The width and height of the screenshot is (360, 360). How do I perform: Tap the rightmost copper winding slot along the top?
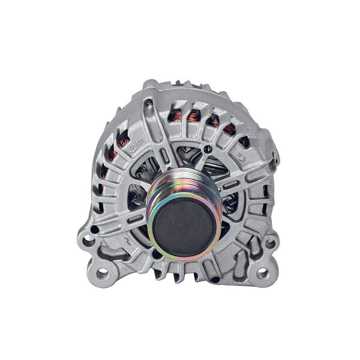(x=244, y=142)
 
